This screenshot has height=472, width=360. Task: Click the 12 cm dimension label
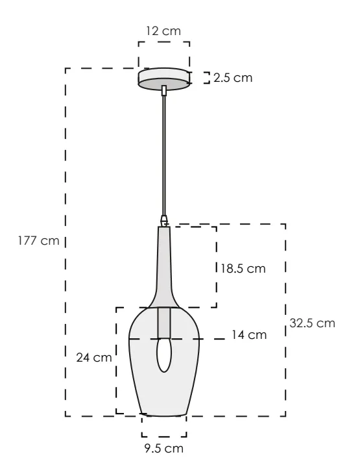(x=163, y=31)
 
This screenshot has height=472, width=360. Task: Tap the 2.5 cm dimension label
(x=232, y=78)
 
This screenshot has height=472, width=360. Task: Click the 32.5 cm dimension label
(x=312, y=323)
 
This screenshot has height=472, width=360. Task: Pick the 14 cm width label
(x=249, y=335)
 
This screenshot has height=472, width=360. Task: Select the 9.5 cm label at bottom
(x=163, y=448)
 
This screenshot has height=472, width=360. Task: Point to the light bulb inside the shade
(x=164, y=356)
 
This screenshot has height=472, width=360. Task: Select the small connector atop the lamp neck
(x=164, y=221)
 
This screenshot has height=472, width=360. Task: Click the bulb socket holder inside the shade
(x=164, y=323)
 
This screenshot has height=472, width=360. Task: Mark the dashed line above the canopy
(x=163, y=43)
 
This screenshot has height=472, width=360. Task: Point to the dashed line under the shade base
(x=163, y=436)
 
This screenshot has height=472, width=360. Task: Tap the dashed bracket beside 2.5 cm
(x=206, y=78)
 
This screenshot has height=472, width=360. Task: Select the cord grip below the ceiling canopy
(x=165, y=91)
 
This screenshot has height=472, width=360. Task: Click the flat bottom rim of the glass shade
(x=163, y=414)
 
